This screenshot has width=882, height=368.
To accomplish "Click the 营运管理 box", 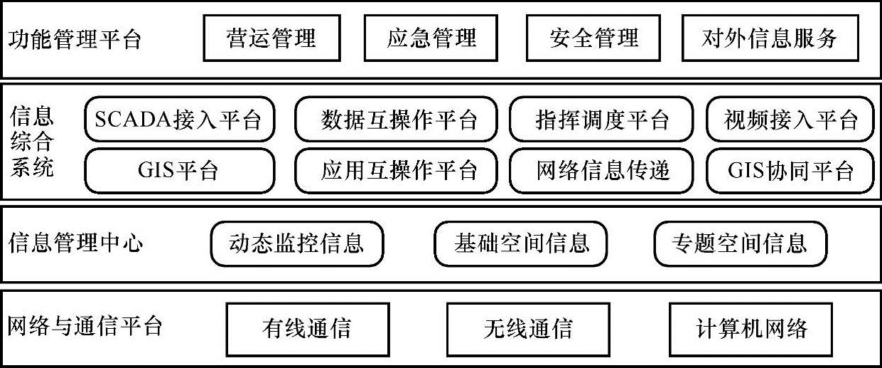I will (x=271, y=38).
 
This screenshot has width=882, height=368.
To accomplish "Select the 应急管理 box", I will (x=431, y=38).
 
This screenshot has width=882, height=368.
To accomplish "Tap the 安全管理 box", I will (x=593, y=38).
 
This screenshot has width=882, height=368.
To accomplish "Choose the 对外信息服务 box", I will (x=770, y=38).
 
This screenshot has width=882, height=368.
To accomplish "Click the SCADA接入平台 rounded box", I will (x=179, y=120).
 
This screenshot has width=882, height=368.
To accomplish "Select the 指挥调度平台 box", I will (x=601, y=120).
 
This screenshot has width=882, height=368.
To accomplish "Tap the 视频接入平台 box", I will (x=790, y=120).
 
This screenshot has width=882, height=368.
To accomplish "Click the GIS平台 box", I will (x=179, y=171).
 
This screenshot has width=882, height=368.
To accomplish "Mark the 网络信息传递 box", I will (x=601, y=171).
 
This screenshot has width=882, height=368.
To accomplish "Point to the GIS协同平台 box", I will (x=790, y=171).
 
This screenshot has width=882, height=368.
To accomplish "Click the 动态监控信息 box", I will (x=296, y=243).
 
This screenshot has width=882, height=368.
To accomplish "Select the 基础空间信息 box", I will (x=521, y=243).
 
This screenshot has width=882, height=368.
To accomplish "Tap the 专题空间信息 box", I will (x=740, y=243).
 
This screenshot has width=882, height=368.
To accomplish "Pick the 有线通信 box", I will (x=307, y=329).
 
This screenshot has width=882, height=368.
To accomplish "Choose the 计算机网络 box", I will (x=751, y=329).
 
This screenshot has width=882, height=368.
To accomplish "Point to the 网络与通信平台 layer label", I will (x=85, y=327).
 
